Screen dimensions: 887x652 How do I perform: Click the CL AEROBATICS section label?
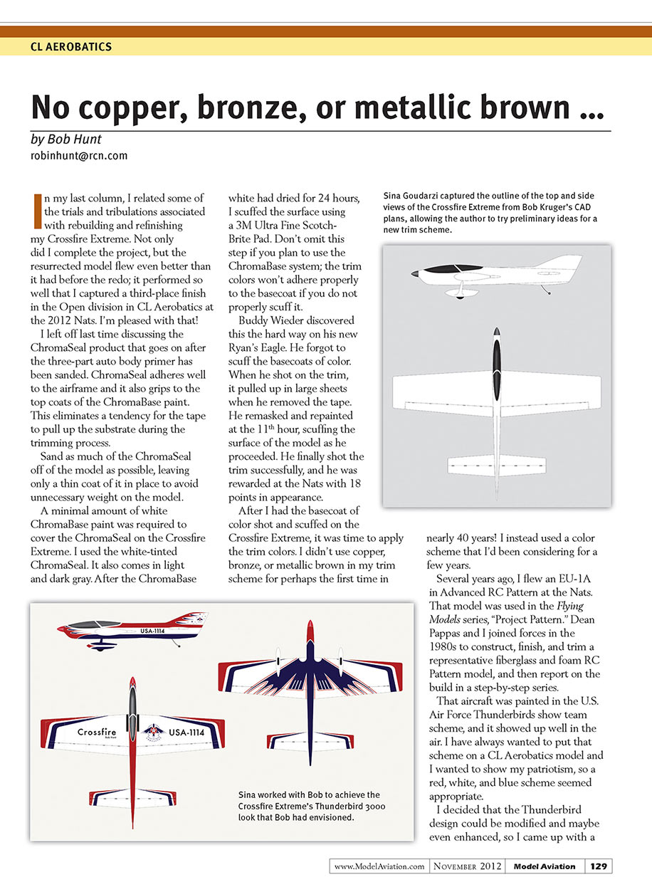tap(71, 47)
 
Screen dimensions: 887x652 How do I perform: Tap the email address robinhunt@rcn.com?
tap(79, 154)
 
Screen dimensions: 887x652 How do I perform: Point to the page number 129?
tap(598, 866)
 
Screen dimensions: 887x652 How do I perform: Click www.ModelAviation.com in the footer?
tap(379, 866)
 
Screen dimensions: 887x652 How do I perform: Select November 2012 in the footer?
tap(468, 866)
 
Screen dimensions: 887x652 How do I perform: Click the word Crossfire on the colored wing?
tap(97, 732)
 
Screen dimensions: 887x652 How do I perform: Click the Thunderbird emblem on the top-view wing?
tap(152, 731)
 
